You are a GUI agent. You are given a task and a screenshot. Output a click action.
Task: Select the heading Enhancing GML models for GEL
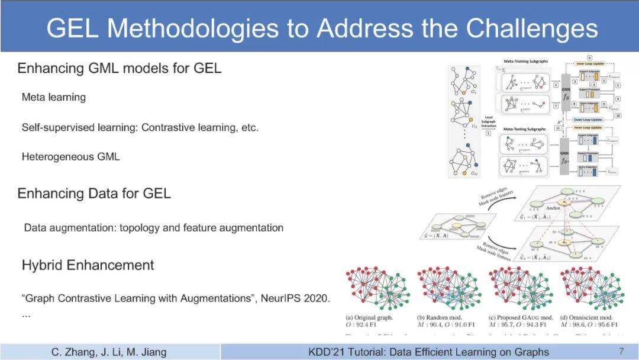pos(119,68)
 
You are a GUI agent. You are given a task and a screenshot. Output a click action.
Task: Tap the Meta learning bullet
pos(53,97)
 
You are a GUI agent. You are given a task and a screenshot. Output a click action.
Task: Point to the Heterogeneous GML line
pos(70,157)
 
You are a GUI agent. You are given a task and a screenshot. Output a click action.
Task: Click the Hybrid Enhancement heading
pos(88,265)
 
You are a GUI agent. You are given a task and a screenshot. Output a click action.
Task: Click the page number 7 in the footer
pos(621,352)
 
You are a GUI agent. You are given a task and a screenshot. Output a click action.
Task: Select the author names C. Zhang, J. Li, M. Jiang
pos(109,352)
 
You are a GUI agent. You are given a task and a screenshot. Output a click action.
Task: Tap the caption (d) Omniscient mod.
pos(591,317)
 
